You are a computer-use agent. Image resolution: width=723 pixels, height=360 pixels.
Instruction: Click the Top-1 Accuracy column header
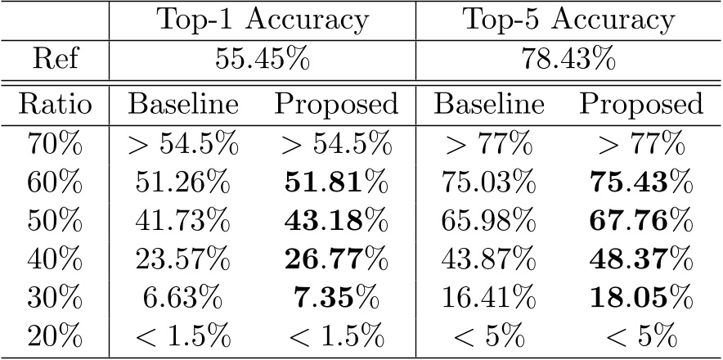262,20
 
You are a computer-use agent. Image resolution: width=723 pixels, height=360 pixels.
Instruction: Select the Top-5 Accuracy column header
569,20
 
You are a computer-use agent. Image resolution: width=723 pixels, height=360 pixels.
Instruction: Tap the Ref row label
56,62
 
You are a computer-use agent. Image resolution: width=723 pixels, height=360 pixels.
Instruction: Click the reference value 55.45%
262,62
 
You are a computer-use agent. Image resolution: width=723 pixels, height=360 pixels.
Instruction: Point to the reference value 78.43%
569,62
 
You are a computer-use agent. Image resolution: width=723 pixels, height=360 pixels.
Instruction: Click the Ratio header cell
56,105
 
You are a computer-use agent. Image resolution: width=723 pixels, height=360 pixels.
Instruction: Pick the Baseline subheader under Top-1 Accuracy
182,105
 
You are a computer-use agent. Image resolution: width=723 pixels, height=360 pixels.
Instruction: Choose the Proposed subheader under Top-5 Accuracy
641,105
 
